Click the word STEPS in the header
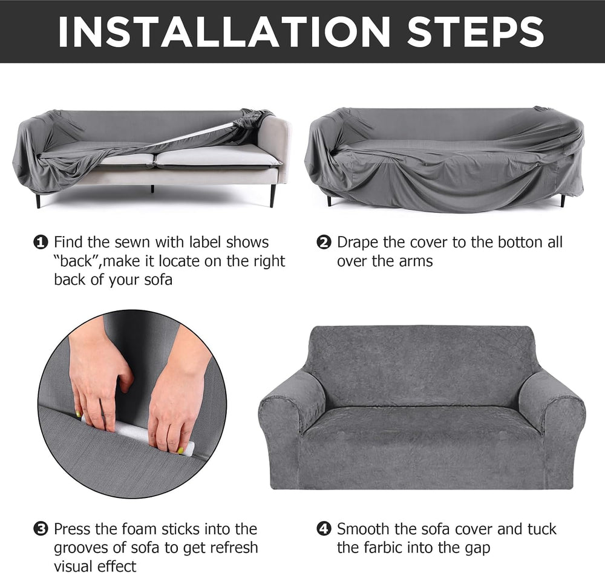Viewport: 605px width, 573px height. pos(476,31)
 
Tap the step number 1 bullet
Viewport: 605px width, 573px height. pos(41,242)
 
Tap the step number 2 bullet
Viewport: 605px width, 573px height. pos(324,242)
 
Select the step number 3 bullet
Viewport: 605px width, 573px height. pos(41,529)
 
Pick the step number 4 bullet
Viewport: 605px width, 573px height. pos(324,529)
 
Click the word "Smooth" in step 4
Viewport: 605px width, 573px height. pos(363,529)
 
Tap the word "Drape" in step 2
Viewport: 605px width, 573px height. pos(358,243)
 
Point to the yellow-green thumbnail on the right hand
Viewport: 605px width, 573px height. pos(180,450)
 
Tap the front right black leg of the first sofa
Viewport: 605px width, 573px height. pos(273,195)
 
